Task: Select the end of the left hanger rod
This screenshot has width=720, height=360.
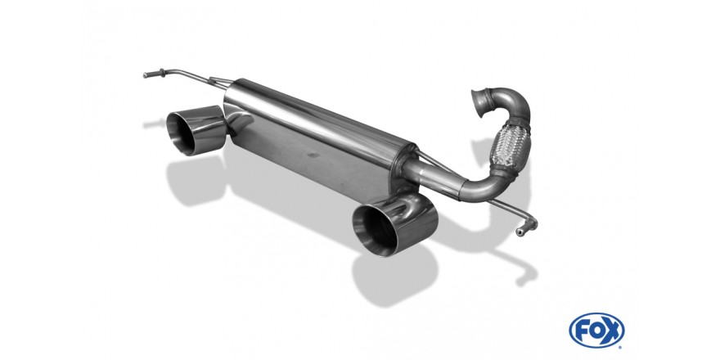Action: pyautogui.click(x=146, y=77)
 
